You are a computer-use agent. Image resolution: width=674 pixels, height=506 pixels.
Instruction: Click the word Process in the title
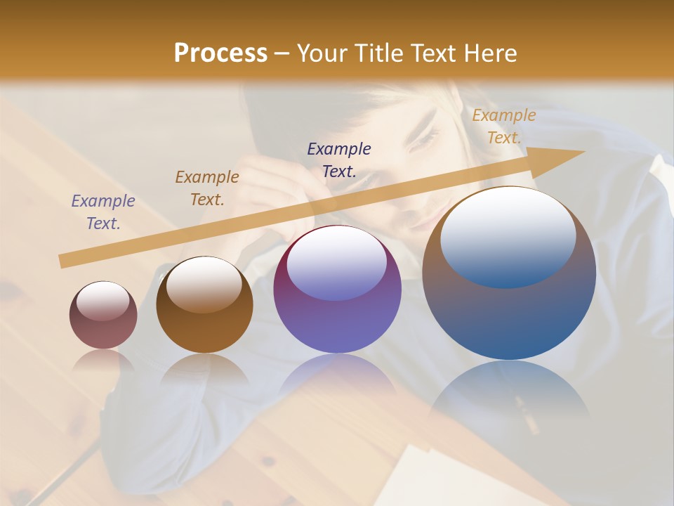(x=220, y=53)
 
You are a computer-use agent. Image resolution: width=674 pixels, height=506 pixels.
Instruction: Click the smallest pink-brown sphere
(x=103, y=316)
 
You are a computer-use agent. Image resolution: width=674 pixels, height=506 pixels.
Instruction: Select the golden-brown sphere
(x=204, y=305)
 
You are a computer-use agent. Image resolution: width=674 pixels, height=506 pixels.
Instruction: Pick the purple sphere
(x=338, y=290)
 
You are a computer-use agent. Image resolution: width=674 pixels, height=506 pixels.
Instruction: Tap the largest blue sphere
(x=509, y=273)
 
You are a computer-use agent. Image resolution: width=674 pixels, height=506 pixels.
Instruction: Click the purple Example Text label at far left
(x=103, y=212)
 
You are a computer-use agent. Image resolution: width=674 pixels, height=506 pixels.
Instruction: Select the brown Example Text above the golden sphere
(x=206, y=188)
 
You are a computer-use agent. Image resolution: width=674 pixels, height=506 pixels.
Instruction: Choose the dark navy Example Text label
(x=339, y=160)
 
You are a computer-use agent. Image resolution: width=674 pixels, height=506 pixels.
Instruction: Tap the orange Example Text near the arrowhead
(x=503, y=126)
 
